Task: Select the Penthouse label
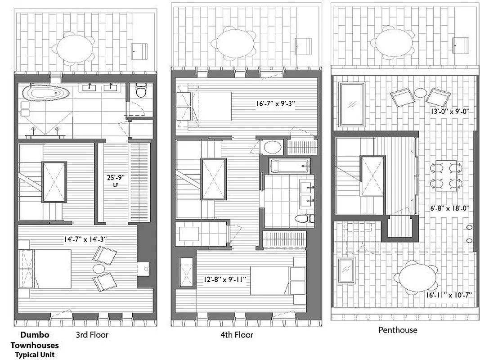click(397, 330)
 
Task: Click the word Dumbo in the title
click(34, 335)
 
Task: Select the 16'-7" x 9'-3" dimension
click(275, 103)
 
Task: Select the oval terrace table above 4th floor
click(234, 44)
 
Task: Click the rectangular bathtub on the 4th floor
click(290, 166)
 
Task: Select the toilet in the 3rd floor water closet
click(141, 92)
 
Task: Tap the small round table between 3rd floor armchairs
click(99, 269)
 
